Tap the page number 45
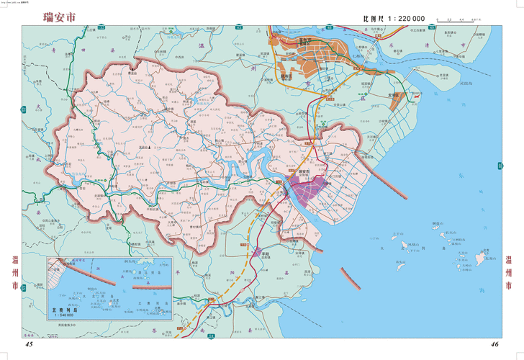coord(29,344)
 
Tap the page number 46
coord(495,344)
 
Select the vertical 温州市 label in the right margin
coord(510,274)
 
